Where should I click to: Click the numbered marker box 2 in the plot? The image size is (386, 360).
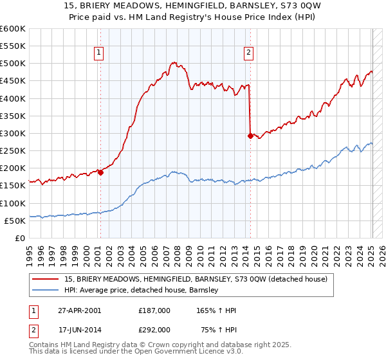point(248,53)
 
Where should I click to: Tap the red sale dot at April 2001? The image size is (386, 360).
point(101,172)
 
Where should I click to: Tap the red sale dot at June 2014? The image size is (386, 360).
point(250,136)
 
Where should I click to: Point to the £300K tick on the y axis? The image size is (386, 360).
point(13,134)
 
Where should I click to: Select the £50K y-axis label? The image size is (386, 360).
point(15,221)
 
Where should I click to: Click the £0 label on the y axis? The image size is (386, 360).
point(21,238)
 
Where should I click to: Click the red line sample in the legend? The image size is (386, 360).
point(46,279)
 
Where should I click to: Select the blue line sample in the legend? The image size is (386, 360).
point(46,290)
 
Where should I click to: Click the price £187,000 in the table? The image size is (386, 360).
point(154,310)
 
